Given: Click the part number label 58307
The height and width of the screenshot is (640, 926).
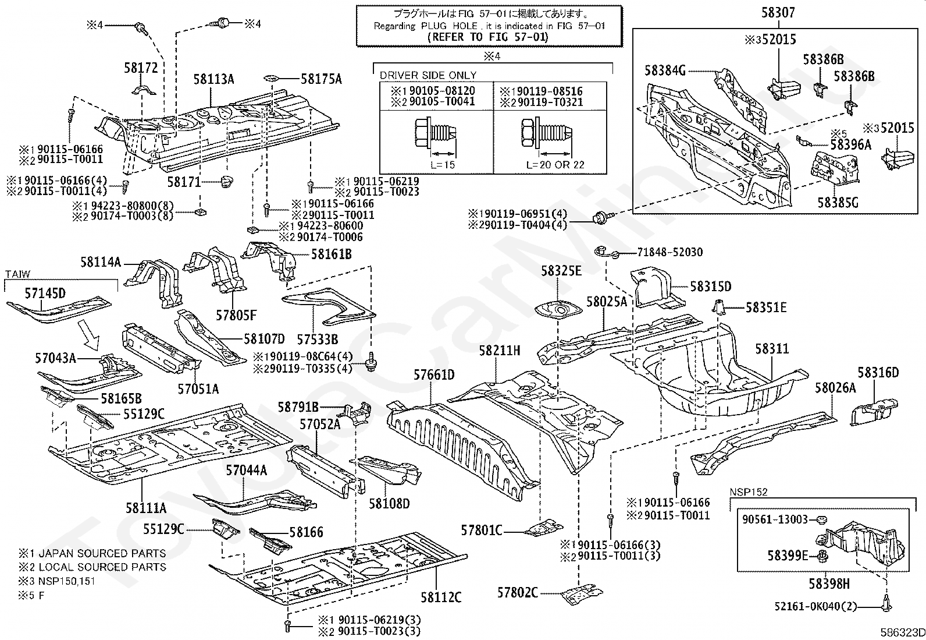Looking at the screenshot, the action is (778, 12).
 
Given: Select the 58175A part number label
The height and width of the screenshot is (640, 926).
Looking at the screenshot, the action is (321, 79).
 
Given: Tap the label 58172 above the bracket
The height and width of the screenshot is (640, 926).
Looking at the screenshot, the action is (141, 68).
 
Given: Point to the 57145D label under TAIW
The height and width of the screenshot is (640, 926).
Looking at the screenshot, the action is (45, 293).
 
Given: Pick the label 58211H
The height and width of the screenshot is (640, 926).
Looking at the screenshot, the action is (500, 351).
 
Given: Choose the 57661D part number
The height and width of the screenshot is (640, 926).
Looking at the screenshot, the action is (434, 374).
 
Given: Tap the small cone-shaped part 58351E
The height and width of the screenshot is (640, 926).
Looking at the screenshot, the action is (718, 306).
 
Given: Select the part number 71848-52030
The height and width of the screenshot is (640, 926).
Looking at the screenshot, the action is (669, 252).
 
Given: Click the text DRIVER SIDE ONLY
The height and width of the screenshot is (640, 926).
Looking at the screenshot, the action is (428, 75).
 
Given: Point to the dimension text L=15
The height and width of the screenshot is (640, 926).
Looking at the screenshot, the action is (442, 165).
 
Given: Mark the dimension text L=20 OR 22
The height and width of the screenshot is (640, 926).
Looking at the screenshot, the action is (555, 165).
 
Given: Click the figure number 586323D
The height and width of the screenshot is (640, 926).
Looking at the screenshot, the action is (903, 632).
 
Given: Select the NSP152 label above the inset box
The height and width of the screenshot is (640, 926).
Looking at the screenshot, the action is (748, 492).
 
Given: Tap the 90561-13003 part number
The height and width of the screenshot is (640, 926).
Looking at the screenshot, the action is (775, 519).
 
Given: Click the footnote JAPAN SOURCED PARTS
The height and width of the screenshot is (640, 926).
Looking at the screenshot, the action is (102, 553).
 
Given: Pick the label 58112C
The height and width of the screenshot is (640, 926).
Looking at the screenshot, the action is (441, 597).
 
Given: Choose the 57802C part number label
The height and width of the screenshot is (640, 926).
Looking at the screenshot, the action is (518, 593).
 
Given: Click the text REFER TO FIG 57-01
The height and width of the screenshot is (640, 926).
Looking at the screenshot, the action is (488, 37).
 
